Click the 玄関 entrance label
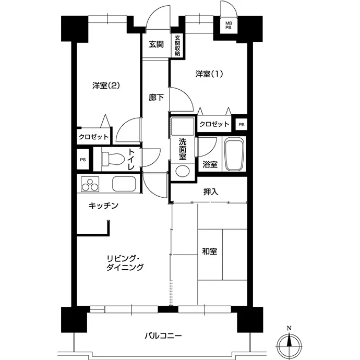tap(156, 44)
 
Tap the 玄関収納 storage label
tap(177, 46)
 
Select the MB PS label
tap(229, 26)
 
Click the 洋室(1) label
tap(209, 74)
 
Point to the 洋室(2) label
tap(106, 86)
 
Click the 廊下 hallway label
tap(156, 98)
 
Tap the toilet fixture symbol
tap(113, 159)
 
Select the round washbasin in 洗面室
tap(183, 171)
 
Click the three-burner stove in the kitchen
tap(90, 184)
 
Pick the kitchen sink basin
tap(124, 184)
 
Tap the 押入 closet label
tap(211, 192)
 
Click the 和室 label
tap(209, 251)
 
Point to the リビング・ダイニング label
tap(125, 263)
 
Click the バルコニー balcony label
tap(163, 336)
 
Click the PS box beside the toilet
tap(83, 159)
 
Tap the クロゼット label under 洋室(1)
tap(214, 124)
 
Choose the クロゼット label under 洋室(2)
tap(93, 137)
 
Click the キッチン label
tap(103, 206)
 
